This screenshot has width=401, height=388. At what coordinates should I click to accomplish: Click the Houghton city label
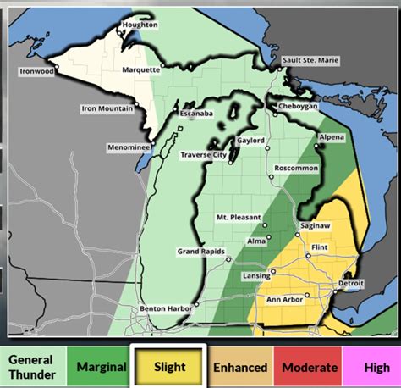tap(140, 25)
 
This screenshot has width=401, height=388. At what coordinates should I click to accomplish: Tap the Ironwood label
tap(37, 71)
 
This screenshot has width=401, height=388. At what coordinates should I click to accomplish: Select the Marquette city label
tap(140, 69)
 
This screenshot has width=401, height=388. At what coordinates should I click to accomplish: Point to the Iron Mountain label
tap(107, 108)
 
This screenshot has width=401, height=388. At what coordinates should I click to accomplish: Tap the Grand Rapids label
tap(200, 252)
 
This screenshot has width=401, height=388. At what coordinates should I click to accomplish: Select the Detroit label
tap(350, 282)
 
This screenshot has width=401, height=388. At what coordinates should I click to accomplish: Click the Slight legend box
tap(168, 367)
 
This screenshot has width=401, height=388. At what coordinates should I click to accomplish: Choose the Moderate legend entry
tap(307, 367)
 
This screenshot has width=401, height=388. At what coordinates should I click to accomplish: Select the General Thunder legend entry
tap(31, 367)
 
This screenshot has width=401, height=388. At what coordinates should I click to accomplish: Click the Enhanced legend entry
tap(239, 367)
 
